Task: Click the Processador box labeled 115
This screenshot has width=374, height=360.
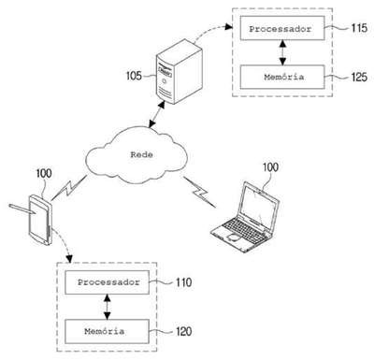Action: [x=282, y=28]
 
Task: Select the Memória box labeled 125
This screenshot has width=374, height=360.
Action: [x=282, y=77]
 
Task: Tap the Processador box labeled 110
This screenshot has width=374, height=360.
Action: [x=107, y=282]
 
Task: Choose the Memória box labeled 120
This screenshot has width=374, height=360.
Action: [x=107, y=331]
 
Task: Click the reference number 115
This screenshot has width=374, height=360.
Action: [x=359, y=28]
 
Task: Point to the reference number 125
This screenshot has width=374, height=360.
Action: [x=359, y=77]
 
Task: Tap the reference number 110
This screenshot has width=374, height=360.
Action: [x=183, y=282]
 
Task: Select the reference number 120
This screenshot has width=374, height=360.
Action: [x=183, y=331]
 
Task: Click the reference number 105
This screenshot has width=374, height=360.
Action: [x=134, y=76]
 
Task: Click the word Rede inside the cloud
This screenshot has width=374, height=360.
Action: [x=141, y=154]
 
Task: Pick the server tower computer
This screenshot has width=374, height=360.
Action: [x=179, y=71]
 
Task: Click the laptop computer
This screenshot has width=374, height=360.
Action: [x=245, y=217]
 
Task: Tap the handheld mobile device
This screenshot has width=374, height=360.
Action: [x=39, y=220]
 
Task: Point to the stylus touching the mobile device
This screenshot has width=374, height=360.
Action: [x=22, y=209]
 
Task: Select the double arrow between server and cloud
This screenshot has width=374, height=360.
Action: [x=157, y=114]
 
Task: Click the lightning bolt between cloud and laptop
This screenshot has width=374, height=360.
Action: [x=199, y=192]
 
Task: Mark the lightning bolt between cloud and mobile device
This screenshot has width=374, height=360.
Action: [x=69, y=188]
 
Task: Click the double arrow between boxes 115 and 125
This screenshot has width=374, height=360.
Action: [x=282, y=52]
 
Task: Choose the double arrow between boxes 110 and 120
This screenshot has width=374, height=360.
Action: [x=107, y=307]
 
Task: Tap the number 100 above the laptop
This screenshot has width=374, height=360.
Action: [x=270, y=167]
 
